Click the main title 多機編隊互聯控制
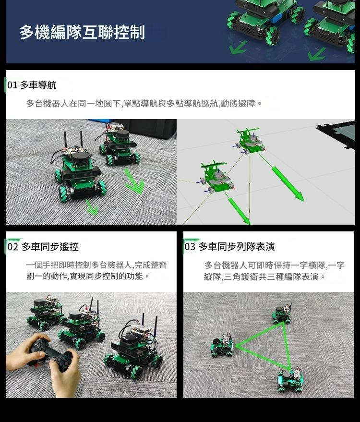82,32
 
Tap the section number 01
12,85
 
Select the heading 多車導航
38,85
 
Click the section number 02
12,246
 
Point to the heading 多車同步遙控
50,246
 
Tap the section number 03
190,246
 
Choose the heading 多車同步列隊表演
237,246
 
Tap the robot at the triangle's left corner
222,345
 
